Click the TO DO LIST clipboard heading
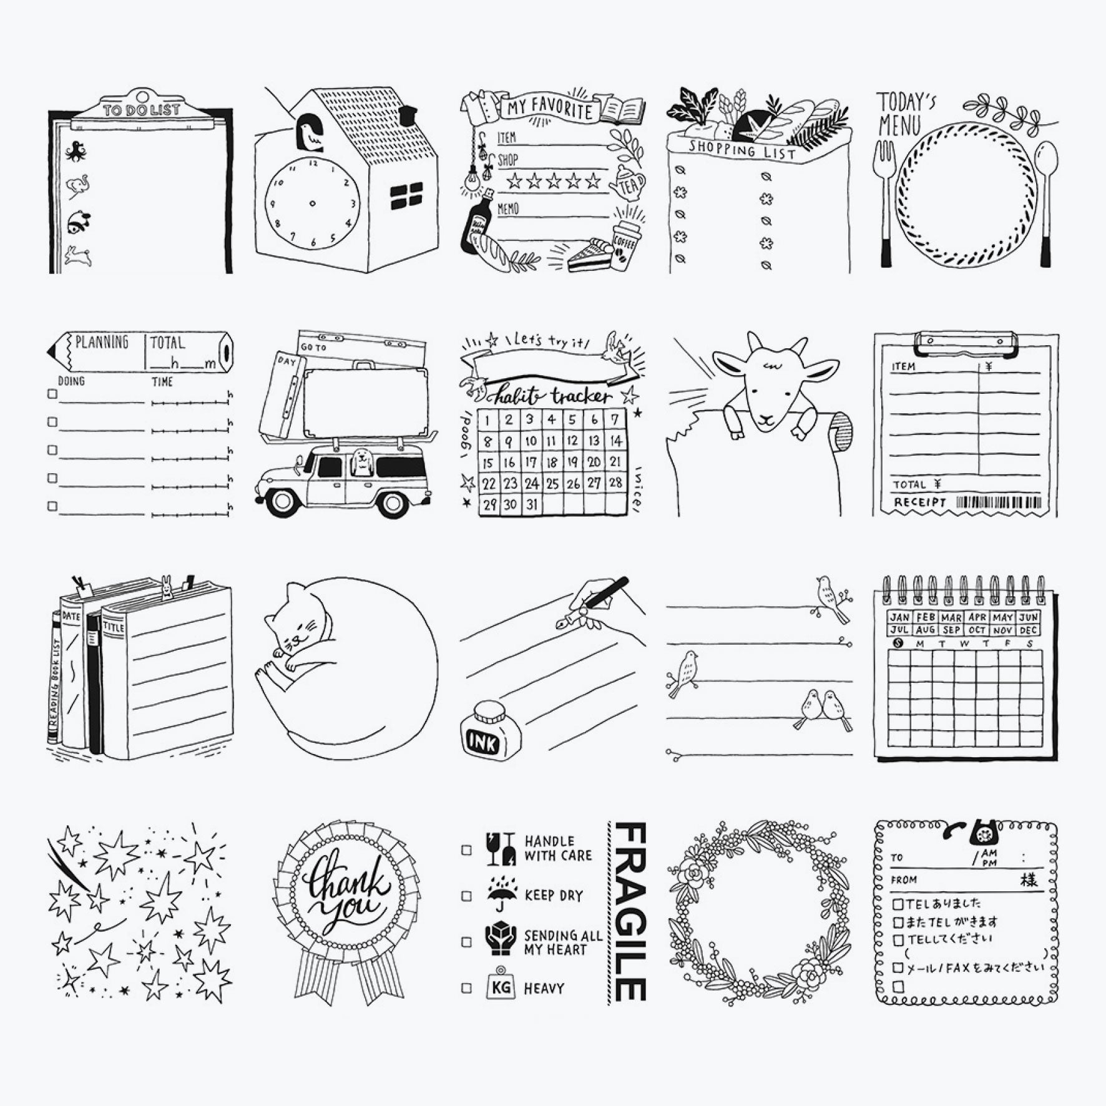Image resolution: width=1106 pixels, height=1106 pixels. (x=142, y=110)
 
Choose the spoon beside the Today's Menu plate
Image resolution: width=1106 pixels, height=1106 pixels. (x=1045, y=200)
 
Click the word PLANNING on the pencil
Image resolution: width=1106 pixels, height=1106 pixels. (x=102, y=343)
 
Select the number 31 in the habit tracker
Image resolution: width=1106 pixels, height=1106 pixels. (x=531, y=504)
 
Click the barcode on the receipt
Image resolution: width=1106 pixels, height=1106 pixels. (x=999, y=502)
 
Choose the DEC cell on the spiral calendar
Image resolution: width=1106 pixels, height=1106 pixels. (x=1028, y=630)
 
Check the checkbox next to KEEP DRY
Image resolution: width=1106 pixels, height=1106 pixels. (x=466, y=896)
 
